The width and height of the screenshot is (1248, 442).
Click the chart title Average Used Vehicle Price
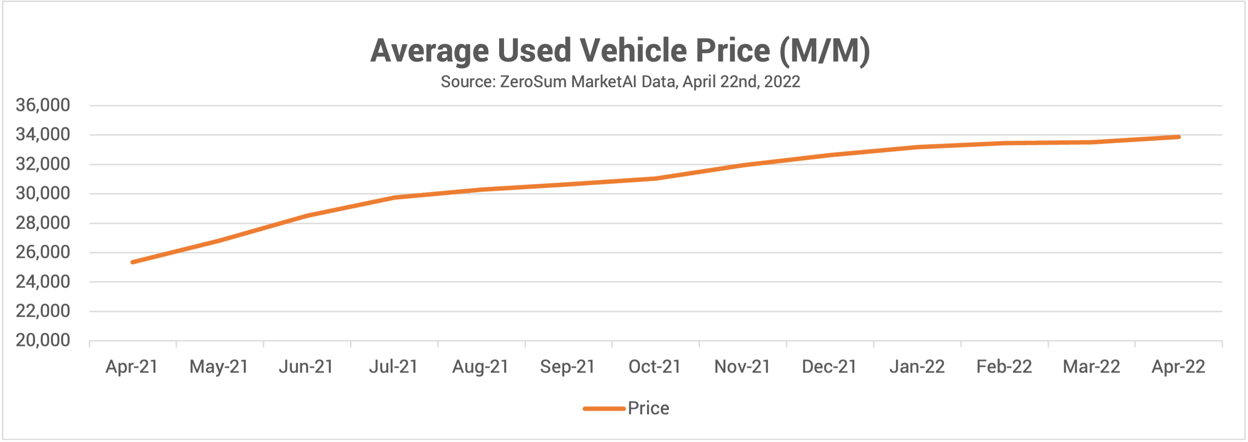pyautogui.click(x=620, y=50)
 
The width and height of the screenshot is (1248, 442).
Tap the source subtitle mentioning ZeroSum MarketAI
pyautogui.click(x=620, y=81)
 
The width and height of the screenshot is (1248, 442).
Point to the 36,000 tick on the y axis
pyautogui.click(x=43, y=105)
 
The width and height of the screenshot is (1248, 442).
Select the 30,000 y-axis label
pyautogui.click(x=43, y=193)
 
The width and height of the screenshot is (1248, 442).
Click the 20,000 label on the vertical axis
pyautogui.click(x=43, y=340)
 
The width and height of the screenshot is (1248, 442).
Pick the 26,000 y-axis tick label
pyautogui.click(x=43, y=252)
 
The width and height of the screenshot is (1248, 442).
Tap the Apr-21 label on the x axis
pyautogui.click(x=132, y=366)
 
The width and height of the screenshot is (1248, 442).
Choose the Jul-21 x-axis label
pyautogui.click(x=393, y=366)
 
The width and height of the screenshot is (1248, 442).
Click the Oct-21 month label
pyautogui.click(x=655, y=366)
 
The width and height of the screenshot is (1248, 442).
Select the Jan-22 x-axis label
pyautogui.click(x=917, y=366)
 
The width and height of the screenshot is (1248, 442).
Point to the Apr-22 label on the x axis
pyautogui.click(x=1178, y=366)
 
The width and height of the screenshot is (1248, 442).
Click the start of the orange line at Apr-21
pyautogui.click(x=133, y=262)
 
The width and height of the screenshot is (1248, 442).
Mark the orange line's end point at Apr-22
pyautogui.click(x=1178, y=137)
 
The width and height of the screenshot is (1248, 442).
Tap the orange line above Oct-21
pyautogui.click(x=655, y=178)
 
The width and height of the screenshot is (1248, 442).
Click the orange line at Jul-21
pyautogui.click(x=394, y=197)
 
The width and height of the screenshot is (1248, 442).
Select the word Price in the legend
pyautogui.click(x=648, y=408)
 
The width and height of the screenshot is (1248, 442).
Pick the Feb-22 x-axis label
pyautogui.click(x=1004, y=366)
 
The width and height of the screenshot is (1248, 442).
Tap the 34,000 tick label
pyautogui.click(x=43, y=135)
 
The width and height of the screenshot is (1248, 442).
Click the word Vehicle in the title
pyautogui.click(x=633, y=50)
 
